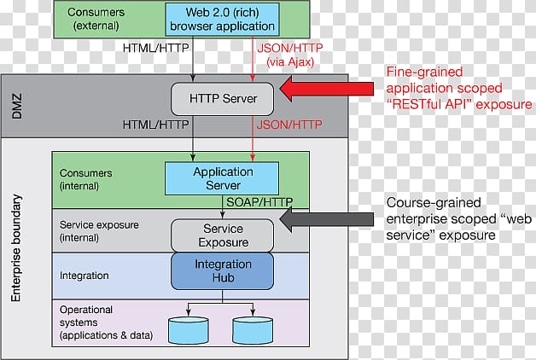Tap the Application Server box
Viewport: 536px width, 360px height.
pos(222,177)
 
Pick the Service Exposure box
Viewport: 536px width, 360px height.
pos(223,235)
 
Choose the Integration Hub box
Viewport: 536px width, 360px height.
pos(222,271)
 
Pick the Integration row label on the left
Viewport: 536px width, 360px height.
pos(84,276)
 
